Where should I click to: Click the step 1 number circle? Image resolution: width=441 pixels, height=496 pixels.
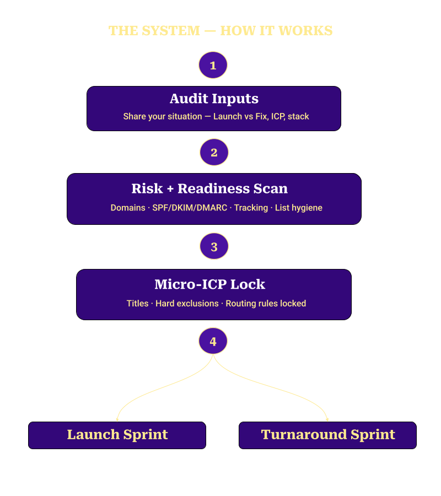(x=213, y=66)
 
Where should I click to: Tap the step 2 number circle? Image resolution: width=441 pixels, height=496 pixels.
(x=214, y=153)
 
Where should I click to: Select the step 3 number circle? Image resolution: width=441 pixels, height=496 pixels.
(x=214, y=246)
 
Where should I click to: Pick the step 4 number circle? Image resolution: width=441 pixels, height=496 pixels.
(x=213, y=342)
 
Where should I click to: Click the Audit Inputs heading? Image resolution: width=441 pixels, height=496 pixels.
(x=214, y=99)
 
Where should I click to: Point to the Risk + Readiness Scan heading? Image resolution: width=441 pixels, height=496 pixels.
(x=209, y=188)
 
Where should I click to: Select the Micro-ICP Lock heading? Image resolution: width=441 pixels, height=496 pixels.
(x=209, y=284)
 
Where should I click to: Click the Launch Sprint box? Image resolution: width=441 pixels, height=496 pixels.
(x=117, y=435)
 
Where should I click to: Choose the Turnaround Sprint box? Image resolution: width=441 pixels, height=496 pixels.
(x=327, y=435)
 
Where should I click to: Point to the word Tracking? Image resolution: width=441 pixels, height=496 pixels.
(x=251, y=208)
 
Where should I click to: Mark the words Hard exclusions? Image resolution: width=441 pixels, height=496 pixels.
(x=187, y=304)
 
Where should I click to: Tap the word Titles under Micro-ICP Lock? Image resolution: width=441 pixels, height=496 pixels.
(x=137, y=304)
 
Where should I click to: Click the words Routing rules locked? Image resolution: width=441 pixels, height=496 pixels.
(x=266, y=304)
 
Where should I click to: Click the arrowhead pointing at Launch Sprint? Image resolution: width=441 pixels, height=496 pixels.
(x=117, y=419)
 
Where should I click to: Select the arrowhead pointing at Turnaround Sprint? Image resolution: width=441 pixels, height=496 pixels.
(x=327, y=419)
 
